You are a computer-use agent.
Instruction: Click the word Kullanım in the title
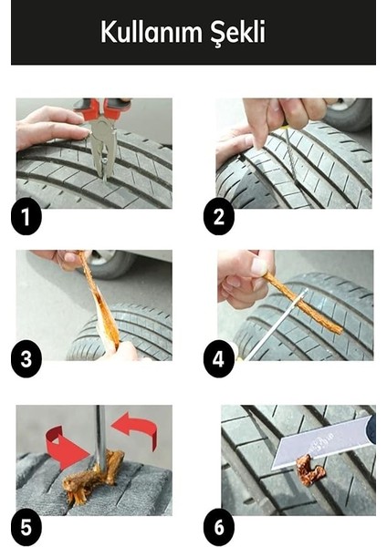coord(152,31)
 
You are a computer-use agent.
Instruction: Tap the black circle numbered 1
coord(26,217)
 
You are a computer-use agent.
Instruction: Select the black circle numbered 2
coord(219,217)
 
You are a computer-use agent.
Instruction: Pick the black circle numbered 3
coord(26,359)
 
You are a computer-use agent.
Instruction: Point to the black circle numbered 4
coord(219,359)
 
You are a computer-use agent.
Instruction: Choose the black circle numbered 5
coord(26,528)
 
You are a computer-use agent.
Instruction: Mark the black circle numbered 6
coord(219,528)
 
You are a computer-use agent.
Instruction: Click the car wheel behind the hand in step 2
coord(350,112)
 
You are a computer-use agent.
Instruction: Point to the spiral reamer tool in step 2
coord(288,153)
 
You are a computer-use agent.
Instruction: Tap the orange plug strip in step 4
coord(303,303)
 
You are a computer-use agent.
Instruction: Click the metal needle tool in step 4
coord(276,325)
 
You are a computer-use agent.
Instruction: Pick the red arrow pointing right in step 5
coord(67,449)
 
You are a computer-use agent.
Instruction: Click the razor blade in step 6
coord(323,441)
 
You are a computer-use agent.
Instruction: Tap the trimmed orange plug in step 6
coord(310,470)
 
